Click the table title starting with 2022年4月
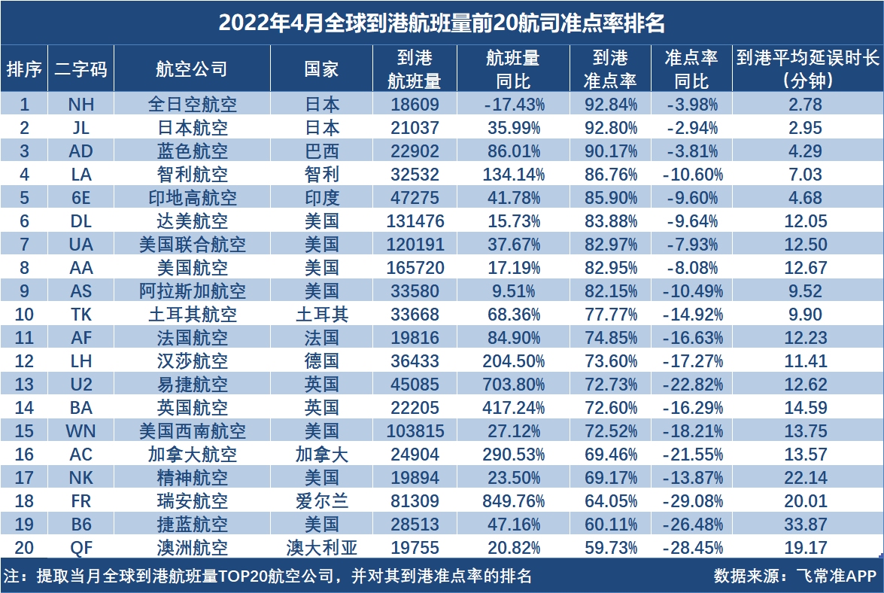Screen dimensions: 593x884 pyautogui.click(x=442, y=23)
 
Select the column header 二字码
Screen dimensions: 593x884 pyautogui.click(x=81, y=69)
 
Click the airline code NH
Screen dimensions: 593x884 pyautogui.click(x=81, y=104)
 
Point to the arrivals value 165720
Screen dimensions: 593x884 pyautogui.click(x=415, y=268)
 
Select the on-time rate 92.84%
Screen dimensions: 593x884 pyautogui.click(x=610, y=104)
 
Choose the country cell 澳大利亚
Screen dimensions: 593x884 pyautogui.click(x=321, y=548)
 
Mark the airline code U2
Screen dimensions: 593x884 pyautogui.click(x=81, y=385)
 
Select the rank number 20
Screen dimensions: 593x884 pyautogui.click(x=24, y=548)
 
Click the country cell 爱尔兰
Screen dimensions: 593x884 pyautogui.click(x=321, y=501)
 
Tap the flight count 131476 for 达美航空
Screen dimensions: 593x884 pyautogui.click(x=415, y=221)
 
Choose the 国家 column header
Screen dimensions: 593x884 pyautogui.click(x=321, y=69)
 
